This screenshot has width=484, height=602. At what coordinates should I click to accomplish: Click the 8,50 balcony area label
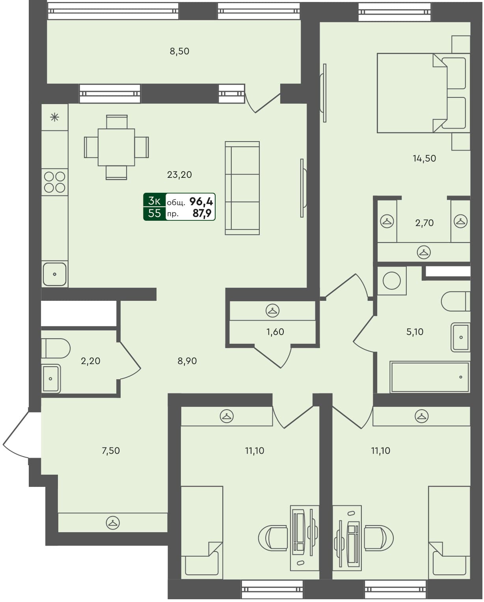click(x=179, y=51)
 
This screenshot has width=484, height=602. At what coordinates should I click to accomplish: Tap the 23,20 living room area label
click(x=179, y=175)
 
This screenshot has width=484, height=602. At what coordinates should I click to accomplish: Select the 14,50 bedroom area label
click(x=424, y=158)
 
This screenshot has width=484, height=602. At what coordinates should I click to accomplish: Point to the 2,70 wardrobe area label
click(x=424, y=223)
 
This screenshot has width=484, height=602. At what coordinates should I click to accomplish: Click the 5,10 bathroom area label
click(x=415, y=332)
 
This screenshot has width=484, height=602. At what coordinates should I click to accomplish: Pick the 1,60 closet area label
click(x=275, y=332)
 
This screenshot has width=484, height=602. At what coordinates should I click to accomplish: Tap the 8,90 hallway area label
click(x=187, y=361)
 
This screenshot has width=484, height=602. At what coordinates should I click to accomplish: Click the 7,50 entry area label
click(x=111, y=451)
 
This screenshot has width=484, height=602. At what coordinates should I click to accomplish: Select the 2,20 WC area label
click(x=91, y=361)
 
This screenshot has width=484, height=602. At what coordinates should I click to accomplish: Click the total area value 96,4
click(x=201, y=202)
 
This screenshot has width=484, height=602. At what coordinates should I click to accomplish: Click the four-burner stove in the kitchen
click(x=55, y=182)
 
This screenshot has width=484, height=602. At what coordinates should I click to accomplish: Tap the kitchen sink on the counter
click(x=54, y=274)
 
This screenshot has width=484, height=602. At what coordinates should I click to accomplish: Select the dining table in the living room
click(x=116, y=147)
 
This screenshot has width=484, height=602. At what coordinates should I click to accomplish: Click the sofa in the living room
click(x=242, y=188)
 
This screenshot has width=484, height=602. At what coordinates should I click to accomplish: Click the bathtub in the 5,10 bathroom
click(x=430, y=377)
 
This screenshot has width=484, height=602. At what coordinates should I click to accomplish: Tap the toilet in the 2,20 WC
click(x=56, y=349)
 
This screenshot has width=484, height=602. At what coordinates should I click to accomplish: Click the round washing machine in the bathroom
click(x=392, y=281)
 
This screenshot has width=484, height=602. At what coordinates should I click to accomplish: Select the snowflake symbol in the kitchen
click(x=55, y=117)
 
